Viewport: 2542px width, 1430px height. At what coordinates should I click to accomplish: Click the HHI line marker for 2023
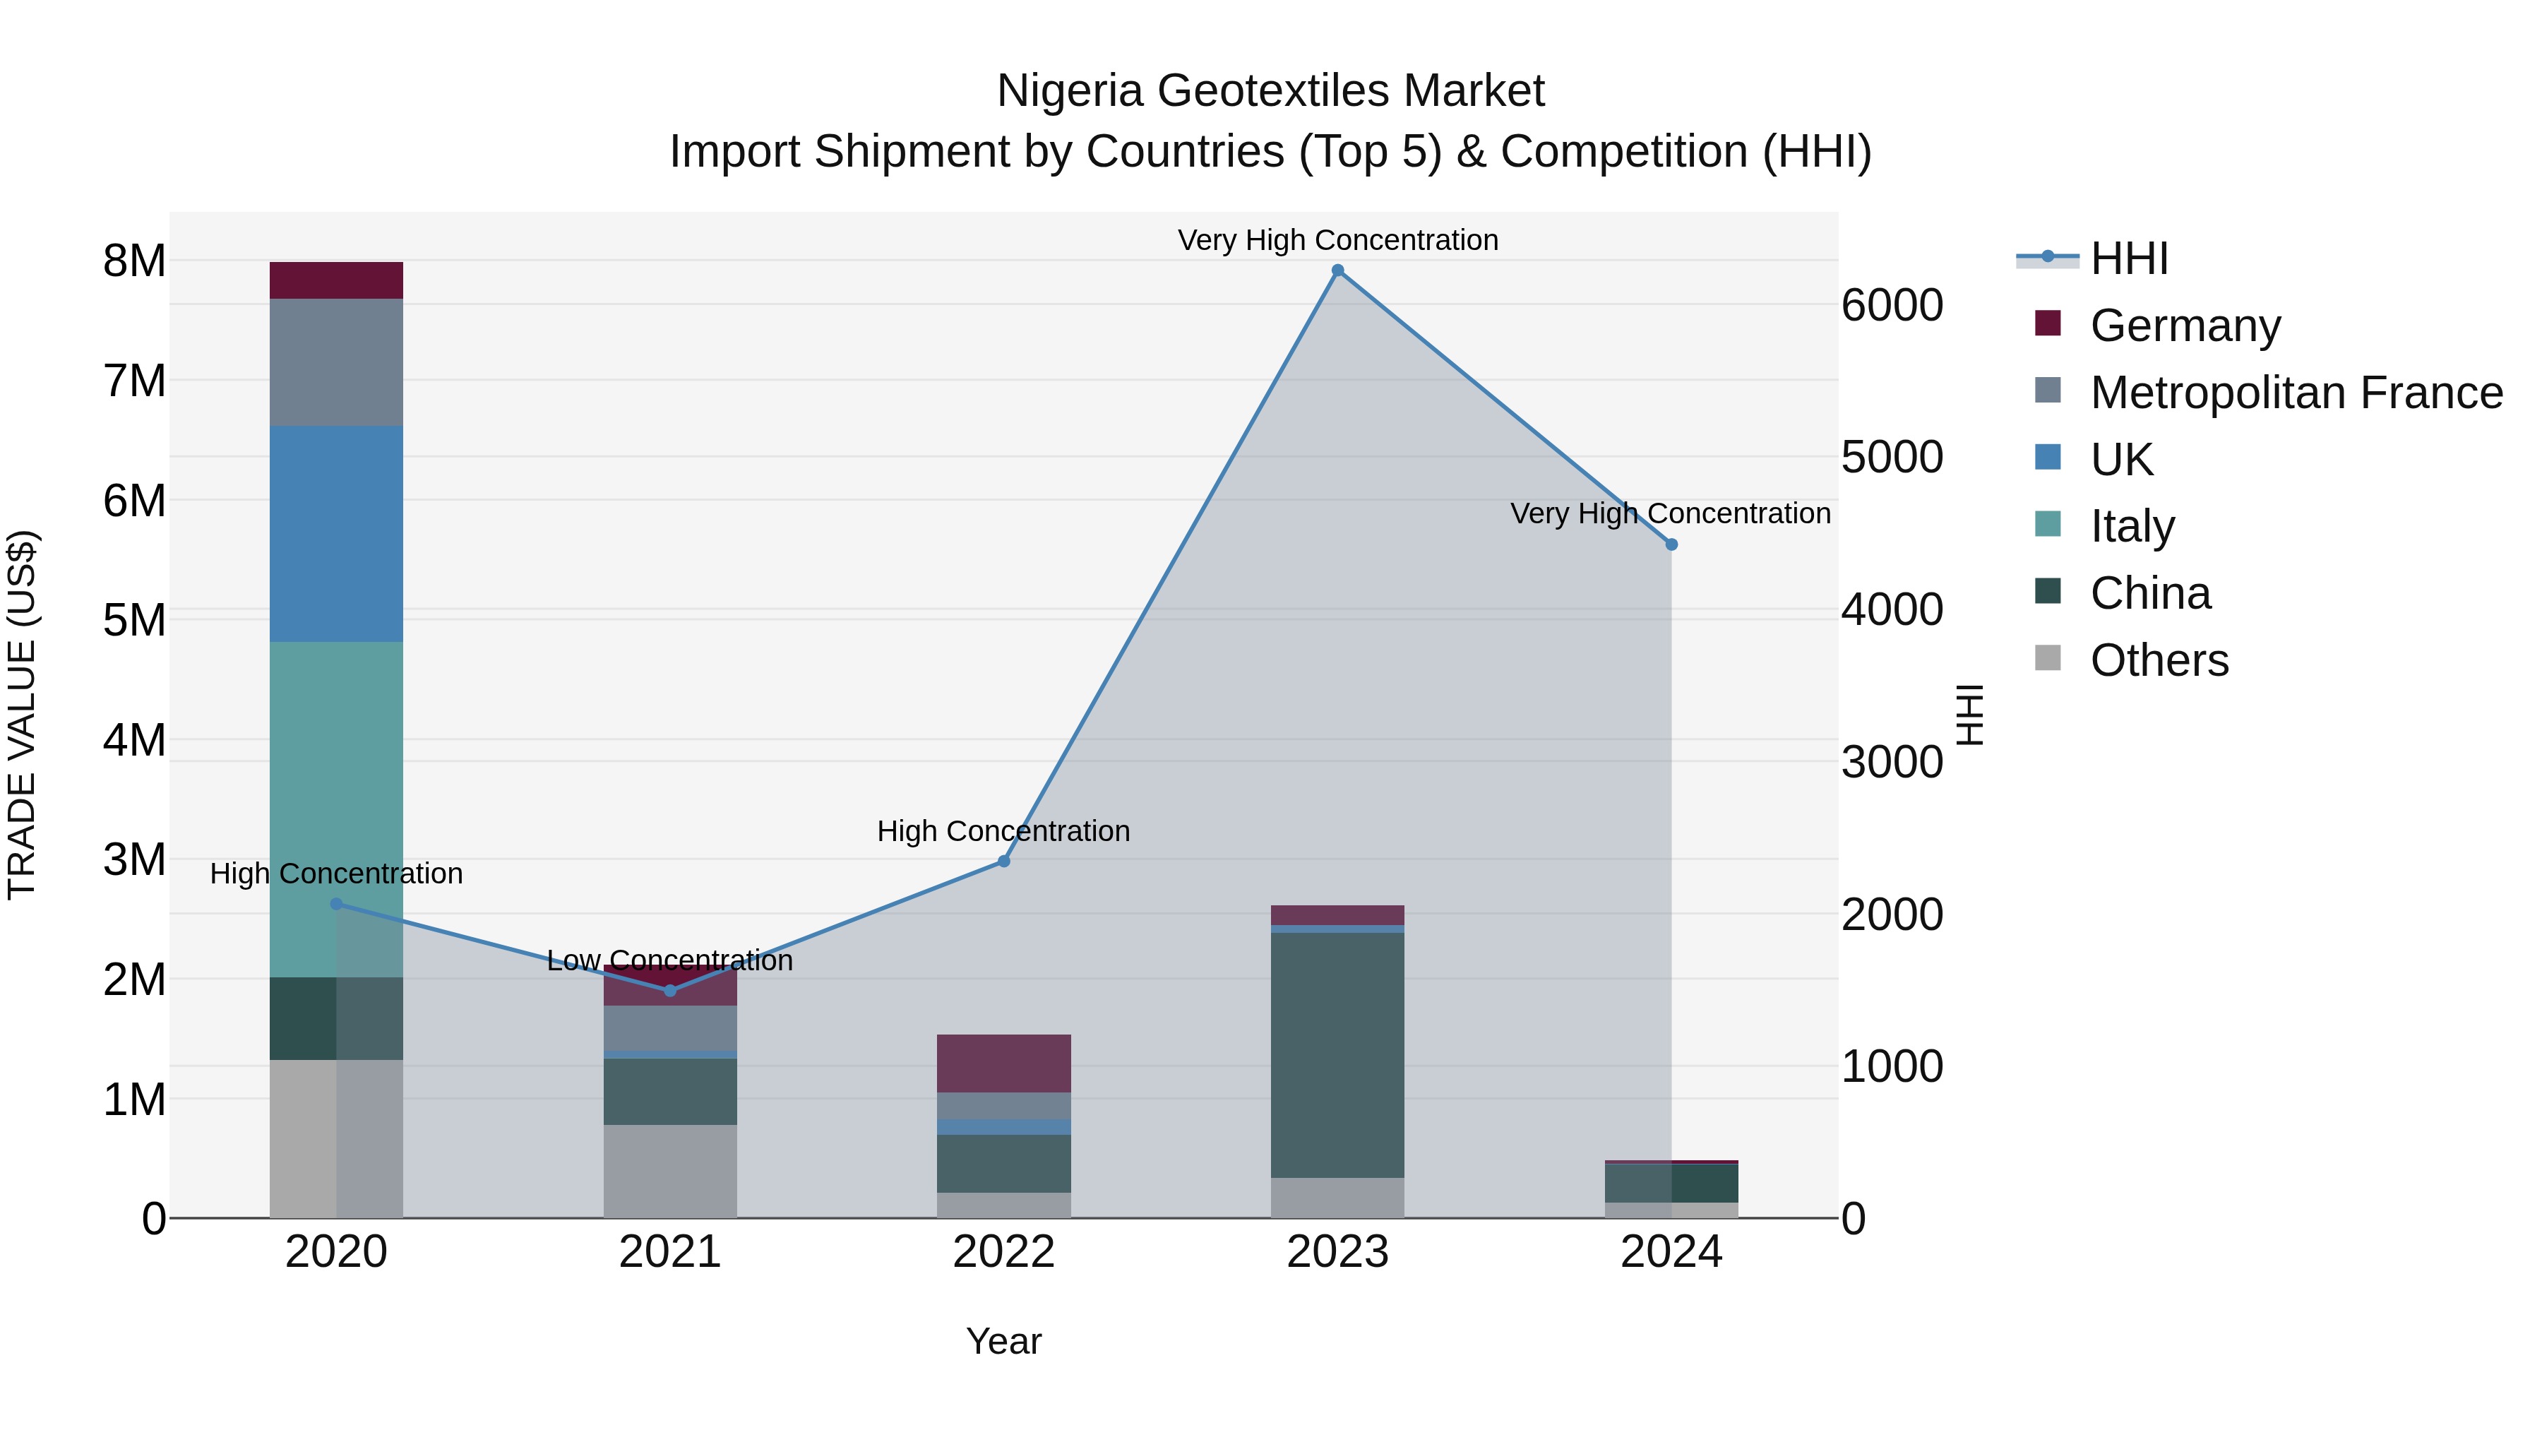coord(1337,270)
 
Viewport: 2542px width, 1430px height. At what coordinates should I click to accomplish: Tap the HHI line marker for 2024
coord(1671,544)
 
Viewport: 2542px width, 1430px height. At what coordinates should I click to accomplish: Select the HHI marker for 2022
coord(1003,862)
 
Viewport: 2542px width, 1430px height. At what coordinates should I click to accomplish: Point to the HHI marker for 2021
coord(670,991)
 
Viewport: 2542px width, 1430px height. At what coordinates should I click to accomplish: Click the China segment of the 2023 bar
coord(1337,1055)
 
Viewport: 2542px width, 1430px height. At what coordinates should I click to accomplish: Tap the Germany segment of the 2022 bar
coord(1003,1063)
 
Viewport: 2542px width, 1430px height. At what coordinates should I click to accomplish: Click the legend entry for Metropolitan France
coord(2296,393)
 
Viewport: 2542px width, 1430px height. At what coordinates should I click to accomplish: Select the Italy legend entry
coord(2132,526)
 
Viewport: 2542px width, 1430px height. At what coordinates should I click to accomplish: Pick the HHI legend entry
coord(2128,258)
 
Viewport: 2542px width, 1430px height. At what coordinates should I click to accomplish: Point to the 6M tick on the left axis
coord(134,501)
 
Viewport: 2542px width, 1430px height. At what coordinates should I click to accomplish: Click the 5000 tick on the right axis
coord(1892,457)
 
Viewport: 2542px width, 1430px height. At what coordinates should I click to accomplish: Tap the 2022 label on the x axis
coord(1003,1252)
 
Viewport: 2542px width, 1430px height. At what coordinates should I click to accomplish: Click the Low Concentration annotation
coord(670,960)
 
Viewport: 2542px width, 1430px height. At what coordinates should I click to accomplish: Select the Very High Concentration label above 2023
coord(1337,240)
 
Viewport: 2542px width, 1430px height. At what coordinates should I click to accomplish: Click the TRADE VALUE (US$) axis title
coord(22,715)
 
